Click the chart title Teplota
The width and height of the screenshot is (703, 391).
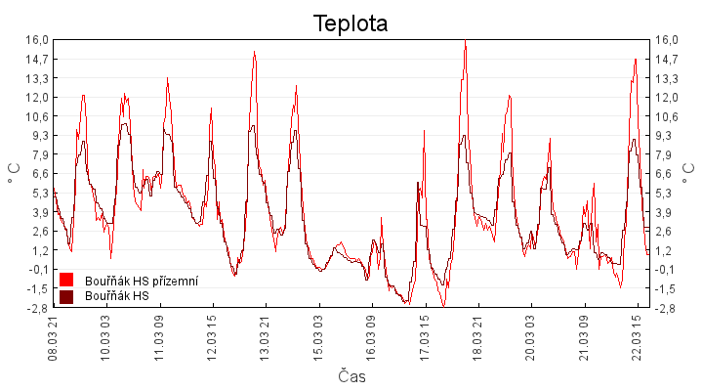pyautogui.click(x=351, y=23)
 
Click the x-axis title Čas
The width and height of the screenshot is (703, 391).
pyautogui.click(x=351, y=376)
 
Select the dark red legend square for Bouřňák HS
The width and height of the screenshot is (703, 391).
pyautogui.click(x=66, y=296)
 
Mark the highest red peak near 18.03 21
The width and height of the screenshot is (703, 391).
pyautogui.click(x=465, y=40)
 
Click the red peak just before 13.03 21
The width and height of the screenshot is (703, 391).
pyautogui.click(x=254, y=52)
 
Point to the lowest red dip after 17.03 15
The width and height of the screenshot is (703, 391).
pyautogui.click(x=443, y=306)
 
